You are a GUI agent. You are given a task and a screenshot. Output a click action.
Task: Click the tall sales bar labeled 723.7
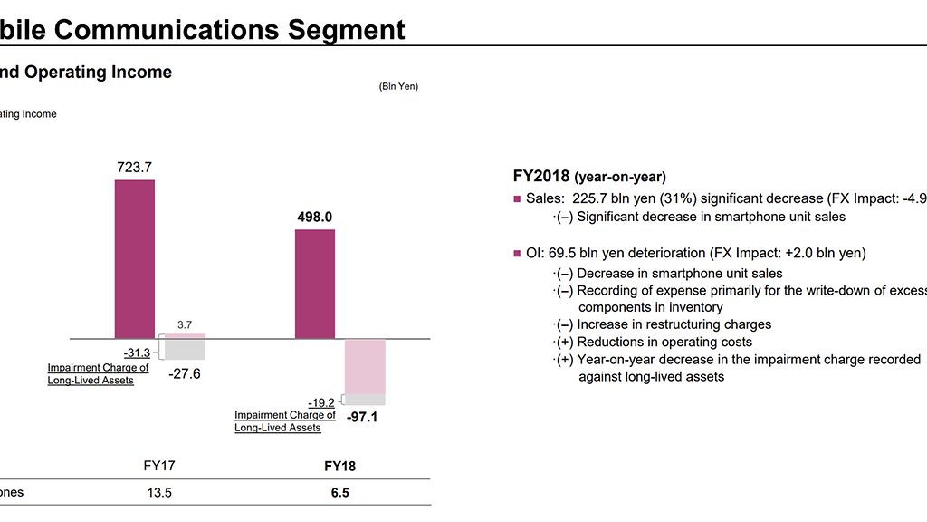pyautogui.click(x=134, y=259)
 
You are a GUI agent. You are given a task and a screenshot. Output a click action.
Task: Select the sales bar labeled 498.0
pyautogui.click(x=315, y=284)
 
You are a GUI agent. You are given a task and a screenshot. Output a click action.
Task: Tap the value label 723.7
pyautogui.click(x=134, y=167)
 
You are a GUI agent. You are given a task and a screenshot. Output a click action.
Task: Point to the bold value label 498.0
pyautogui.click(x=315, y=217)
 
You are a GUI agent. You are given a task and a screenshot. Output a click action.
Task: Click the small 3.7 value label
pyautogui.click(x=185, y=324)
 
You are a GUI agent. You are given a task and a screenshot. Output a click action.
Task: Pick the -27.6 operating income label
pyautogui.click(x=185, y=372)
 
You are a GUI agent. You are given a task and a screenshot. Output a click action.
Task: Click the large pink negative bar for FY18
pyautogui.click(x=366, y=367)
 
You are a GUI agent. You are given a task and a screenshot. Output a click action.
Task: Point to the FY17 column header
pyautogui.click(x=158, y=467)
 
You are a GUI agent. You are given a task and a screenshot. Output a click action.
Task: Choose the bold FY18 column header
pyautogui.click(x=339, y=467)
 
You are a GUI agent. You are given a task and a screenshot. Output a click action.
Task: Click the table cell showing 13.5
pyautogui.click(x=158, y=493)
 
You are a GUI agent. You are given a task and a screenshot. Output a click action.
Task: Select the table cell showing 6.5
pyautogui.click(x=339, y=493)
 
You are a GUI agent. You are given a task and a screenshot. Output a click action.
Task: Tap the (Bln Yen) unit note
pyautogui.click(x=398, y=87)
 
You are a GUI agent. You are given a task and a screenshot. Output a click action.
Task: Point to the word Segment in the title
pyautogui.click(x=346, y=29)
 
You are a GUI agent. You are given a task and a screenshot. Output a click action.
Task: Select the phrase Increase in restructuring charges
pyautogui.click(x=674, y=324)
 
